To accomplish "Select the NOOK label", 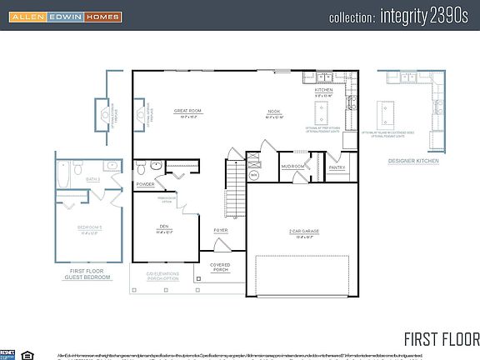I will point(274,112).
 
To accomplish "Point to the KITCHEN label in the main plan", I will point(323,90).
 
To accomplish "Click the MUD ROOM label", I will point(292,167).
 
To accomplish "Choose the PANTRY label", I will point(337,167).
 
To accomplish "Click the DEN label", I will point(165,227).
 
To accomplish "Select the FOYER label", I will point(221,230).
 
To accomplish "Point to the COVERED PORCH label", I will point(220,268).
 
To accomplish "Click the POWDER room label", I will point(146,184).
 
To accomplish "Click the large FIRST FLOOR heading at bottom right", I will point(441,338).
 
